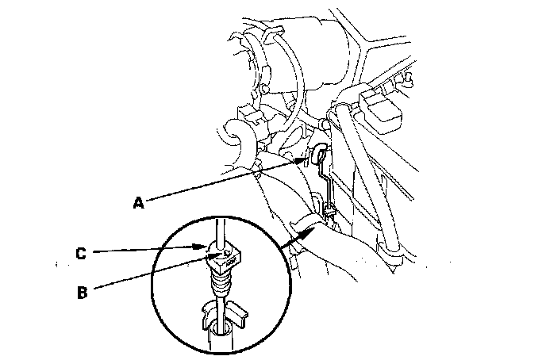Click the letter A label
(139, 204)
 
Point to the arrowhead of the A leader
(304, 159)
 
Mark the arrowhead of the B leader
(209, 259)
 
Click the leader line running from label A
(222, 181)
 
